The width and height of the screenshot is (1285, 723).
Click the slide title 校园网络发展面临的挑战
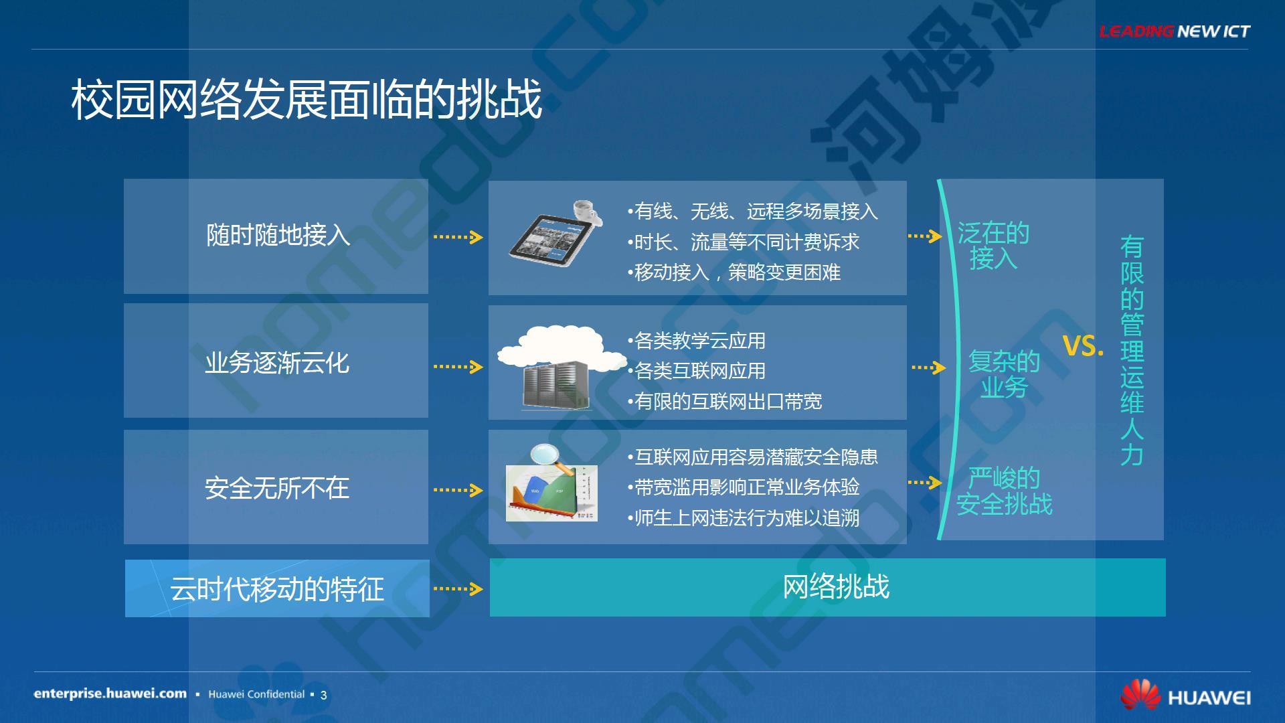click(x=307, y=100)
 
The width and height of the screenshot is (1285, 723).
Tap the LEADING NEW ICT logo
click(x=1175, y=31)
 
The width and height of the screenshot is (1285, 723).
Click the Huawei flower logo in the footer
click(x=1140, y=695)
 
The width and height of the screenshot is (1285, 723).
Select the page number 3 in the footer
click(x=324, y=695)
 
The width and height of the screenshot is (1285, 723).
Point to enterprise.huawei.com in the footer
click(x=110, y=694)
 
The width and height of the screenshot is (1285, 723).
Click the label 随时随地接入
click(x=278, y=235)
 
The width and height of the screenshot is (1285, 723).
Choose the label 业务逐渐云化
click(x=277, y=363)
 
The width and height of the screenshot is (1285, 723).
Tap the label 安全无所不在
click(x=277, y=488)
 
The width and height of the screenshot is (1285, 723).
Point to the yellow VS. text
click(x=1084, y=346)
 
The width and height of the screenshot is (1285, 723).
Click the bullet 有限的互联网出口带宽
click(x=725, y=402)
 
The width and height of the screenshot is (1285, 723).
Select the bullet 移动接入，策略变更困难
click(x=734, y=272)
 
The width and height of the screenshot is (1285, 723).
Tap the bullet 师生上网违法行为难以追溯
click(x=744, y=518)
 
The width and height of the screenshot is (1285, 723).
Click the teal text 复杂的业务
click(x=1004, y=374)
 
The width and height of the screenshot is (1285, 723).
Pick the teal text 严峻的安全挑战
click(x=1005, y=491)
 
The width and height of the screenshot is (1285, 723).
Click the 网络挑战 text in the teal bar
click(x=837, y=586)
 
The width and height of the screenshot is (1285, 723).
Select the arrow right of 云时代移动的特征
click(x=458, y=589)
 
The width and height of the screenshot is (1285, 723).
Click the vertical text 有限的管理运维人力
click(x=1132, y=351)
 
